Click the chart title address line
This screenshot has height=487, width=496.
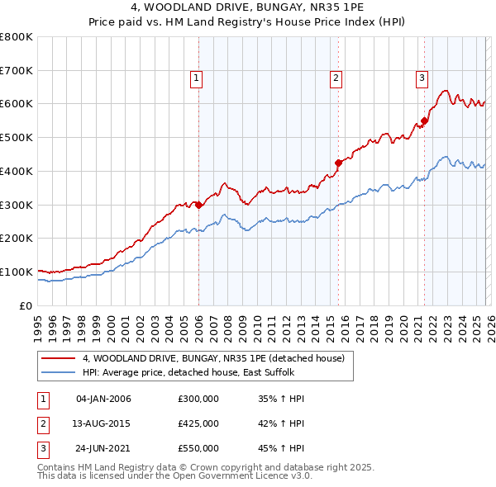click(247, 8)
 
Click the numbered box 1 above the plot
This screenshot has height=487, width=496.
click(197, 78)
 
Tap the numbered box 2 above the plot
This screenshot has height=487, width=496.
click(336, 78)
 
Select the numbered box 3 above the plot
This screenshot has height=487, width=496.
click(422, 78)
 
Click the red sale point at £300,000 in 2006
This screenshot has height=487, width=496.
click(198, 205)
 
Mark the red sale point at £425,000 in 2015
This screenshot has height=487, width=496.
click(338, 163)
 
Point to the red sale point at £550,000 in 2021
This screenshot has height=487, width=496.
click(424, 121)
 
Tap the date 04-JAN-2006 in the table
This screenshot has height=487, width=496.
click(103, 399)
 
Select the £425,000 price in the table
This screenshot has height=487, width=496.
click(198, 423)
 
